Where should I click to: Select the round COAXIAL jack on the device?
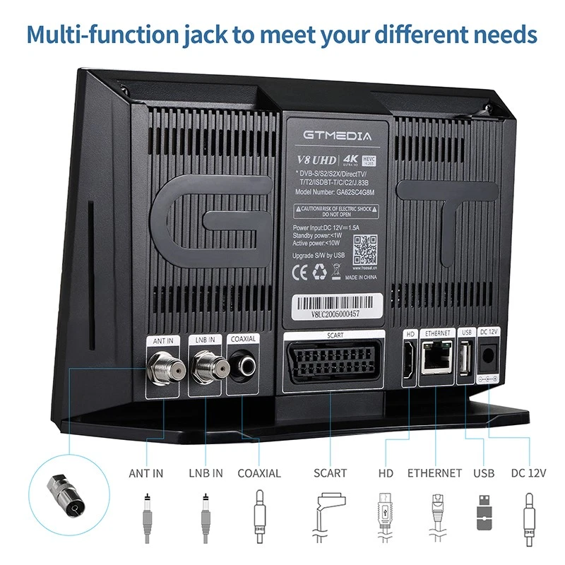pyautogui.click(x=244, y=366)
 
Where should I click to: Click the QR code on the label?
pyautogui.click(x=365, y=249)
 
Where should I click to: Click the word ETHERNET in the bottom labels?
pyautogui.click(x=434, y=473)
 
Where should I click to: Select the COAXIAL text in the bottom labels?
pyautogui.click(x=259, y=473)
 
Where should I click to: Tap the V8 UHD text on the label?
pyautogui.click(x=315, y=159)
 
